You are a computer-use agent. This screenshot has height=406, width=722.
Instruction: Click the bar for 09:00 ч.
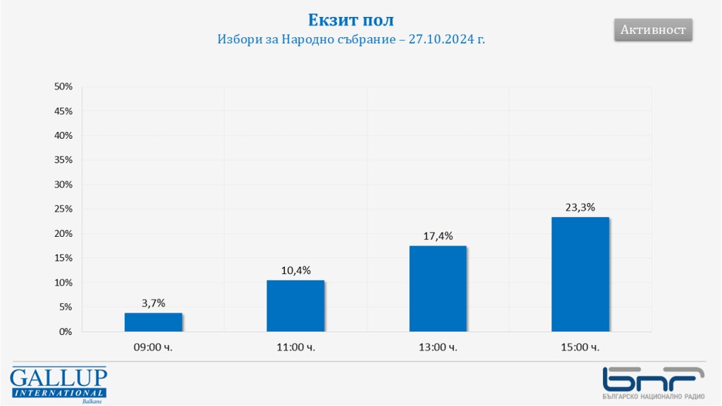click(154, 322)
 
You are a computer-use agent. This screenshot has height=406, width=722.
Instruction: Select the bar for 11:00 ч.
click(295, 306)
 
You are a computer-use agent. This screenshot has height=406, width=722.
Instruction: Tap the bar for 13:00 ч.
click(438, 288)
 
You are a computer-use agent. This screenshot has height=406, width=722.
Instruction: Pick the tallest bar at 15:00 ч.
click(580, 274)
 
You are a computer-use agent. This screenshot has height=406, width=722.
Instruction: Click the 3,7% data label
click(153, 303)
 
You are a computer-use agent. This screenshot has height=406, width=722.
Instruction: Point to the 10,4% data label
click(295, 270)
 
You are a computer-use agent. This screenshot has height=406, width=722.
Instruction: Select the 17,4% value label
click(438, 235)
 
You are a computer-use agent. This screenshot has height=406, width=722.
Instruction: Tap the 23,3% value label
click(580, 207)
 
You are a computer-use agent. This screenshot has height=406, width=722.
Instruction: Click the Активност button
click(653, 30)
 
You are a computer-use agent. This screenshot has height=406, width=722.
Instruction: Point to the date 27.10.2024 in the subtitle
click(441, 40)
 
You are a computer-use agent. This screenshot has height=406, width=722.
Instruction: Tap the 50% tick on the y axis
click(63, 86)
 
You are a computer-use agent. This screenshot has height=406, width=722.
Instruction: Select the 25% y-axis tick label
click(63, 209)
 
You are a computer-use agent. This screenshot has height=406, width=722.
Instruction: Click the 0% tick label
click(66, 331)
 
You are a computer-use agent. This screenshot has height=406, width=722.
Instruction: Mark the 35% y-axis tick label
click(63, 160)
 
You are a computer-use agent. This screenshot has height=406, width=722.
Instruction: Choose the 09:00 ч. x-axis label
click(153, 347)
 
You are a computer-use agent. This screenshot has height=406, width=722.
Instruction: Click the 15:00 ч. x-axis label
click(580, 347)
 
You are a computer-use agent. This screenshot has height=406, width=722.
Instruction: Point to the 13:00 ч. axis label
click(438, 347)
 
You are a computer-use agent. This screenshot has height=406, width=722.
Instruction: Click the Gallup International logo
click(59, 385)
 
